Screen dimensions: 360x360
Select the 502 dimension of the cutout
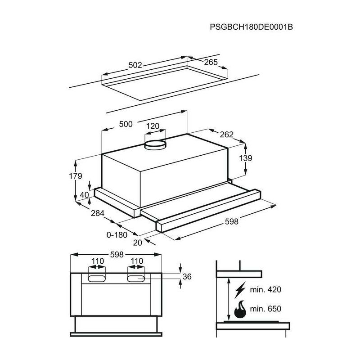[135, 65]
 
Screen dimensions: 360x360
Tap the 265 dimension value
[211, 63]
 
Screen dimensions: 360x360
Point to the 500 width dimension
[126, 124]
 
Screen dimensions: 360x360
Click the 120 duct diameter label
[153, 126]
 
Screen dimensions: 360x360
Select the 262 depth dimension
[227, 134]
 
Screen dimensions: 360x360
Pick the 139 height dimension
[246, 158]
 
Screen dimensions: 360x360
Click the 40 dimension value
[85, 195]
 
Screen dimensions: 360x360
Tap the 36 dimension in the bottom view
[188, 277]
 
